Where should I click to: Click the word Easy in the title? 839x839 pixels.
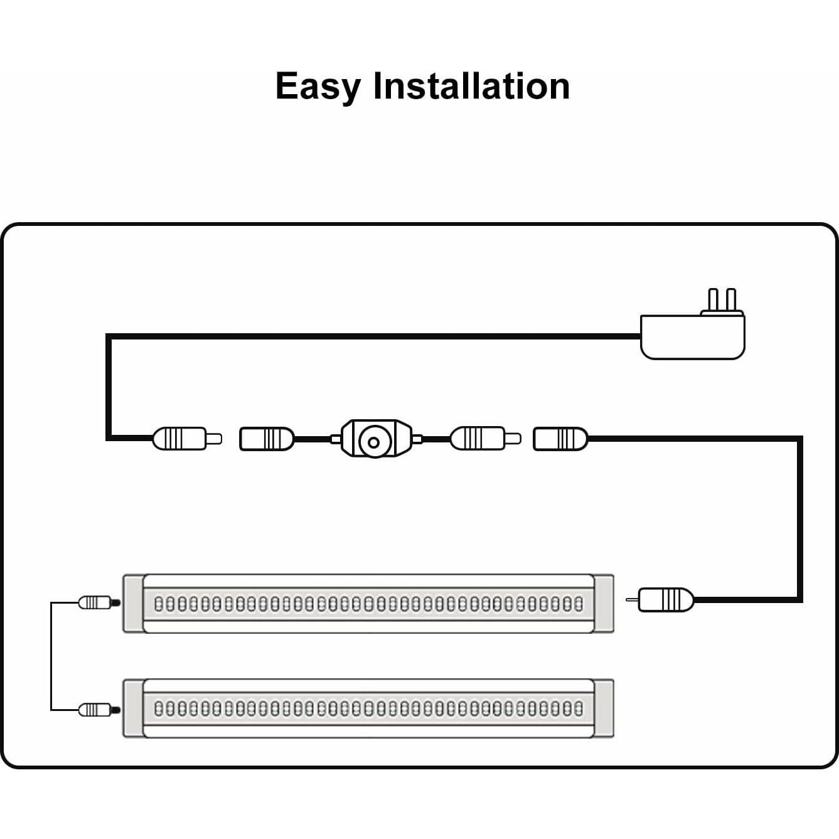(x=318, y=87)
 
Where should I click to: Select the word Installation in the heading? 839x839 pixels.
(x=471, y=86)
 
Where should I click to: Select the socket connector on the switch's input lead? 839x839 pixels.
(x=267, y=439)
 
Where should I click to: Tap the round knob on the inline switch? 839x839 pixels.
(x=373, y=441)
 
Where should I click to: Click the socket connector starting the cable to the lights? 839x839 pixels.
(x=560, y=439)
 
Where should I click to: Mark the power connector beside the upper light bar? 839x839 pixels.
(x=665, y=600)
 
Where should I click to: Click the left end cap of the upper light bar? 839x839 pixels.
(x=133, y=603)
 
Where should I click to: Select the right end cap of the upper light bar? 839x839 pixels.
(x=604, y=603)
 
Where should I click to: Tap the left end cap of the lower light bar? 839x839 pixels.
(x=133, y=708)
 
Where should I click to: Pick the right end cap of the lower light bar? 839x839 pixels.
(x=604, y=708)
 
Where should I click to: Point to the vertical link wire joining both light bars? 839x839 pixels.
(x=51, y=656)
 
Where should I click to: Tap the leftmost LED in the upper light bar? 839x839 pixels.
(x=158, y=604)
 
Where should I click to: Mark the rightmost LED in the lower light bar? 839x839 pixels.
(x=579, y=708)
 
